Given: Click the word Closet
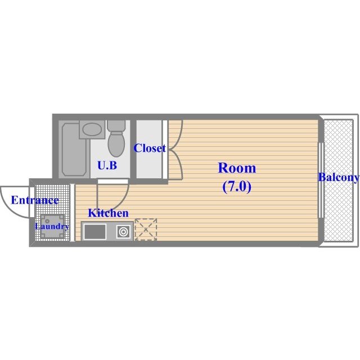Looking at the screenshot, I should (x=149, y=148).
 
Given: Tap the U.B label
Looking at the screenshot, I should (x=107, y=165).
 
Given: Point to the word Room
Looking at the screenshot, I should (x=236, y=168).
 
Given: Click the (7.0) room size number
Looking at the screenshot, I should (x=236, y=187).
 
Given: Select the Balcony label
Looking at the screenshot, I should (x=339, y=178).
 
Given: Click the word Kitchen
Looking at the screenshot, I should (x=108, y=213).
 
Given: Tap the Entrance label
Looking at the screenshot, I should (x=35, y=200).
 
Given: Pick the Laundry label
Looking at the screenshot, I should (x=52, y=227).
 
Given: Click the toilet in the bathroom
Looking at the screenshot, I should (x=116, y=141).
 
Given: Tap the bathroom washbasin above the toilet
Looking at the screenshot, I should (x=90, y=130).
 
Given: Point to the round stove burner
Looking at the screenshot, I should (x=123, y=231).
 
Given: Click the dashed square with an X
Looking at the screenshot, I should (x=146, y=229).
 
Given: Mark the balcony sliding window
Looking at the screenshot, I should (x=320, y=180).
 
